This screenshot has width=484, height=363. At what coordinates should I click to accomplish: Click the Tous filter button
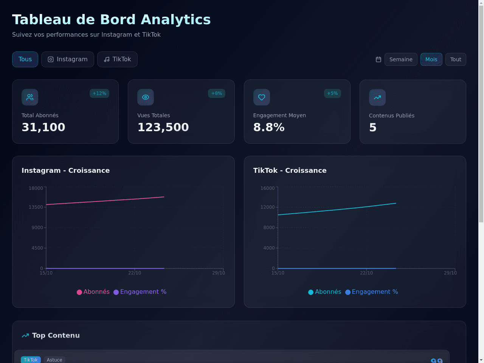pyautogui.click(x=25, y=59)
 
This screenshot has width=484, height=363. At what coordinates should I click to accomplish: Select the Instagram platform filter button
pyautogui.click(x=67, y=59)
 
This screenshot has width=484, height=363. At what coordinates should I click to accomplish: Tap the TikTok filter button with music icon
pyautogui.click(x=117, y=59)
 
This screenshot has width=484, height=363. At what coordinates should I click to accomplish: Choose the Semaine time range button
pyautogui.click(x=401, y=59)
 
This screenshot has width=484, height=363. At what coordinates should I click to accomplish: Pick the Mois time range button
pyautogui.click(x=431, y=59)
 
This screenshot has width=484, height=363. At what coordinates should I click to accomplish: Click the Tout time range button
pyautogui.click(x=456, y=59)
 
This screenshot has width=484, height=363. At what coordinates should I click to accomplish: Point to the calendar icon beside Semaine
pyautogui.click(x=379, y=59)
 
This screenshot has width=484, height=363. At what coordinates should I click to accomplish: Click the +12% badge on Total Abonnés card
pyautogui.click(x=99, y=93)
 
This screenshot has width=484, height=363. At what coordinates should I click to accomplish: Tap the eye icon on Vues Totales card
pyautogui.click(x=146, y=97)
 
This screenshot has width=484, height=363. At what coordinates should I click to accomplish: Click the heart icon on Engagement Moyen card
pyautogui.click(x=262, y=97)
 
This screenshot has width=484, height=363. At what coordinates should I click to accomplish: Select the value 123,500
pyautogui.click(x=163, y=127)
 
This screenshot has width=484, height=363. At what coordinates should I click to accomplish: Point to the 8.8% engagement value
pyautogui.click(x=269, y=127)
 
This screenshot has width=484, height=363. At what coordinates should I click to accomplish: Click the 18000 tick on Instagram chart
pyautogui.click(x=36, y=188)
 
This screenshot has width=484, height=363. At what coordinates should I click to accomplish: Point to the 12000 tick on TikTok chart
pyautogui.click(x=267, y=207)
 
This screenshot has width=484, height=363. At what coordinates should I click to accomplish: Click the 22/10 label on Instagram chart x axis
pyautogui.click(x=135, y=273)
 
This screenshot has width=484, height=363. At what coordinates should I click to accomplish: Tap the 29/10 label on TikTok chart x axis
pyautogui.click(x=450, y=273)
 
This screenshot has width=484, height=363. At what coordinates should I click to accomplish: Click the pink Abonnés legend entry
pyautogui.click(x=93, y=292)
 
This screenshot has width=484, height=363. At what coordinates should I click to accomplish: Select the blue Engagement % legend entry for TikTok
pyautogui.click(x=372, y=292)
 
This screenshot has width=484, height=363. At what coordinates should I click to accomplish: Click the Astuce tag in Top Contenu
pyautogui.click(x=54, y=360)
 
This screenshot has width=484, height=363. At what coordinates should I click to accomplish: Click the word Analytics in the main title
pyautogui.click(x=175, y=19)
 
